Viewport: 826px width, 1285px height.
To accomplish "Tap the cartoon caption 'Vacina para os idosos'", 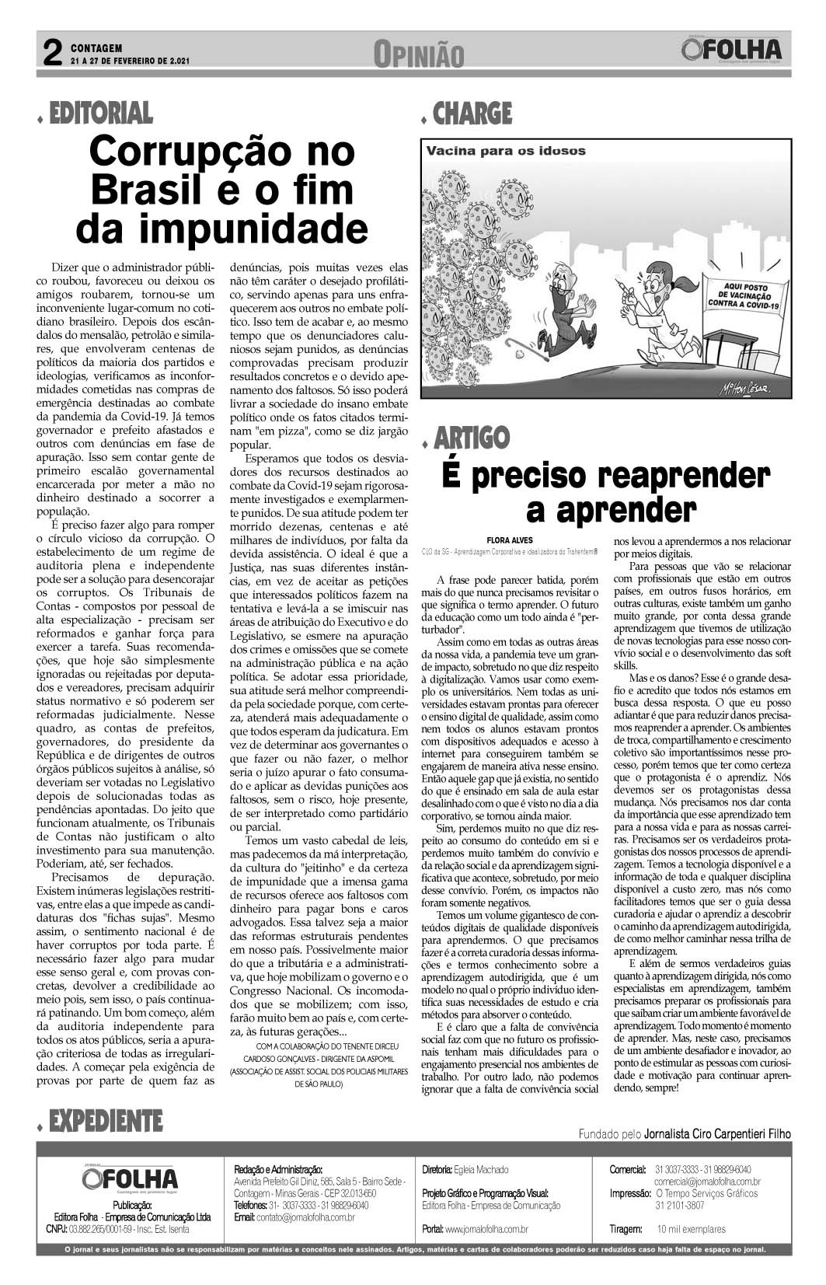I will click(x=505, y=151).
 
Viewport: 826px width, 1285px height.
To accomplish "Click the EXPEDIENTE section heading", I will click(x=105, y=1121).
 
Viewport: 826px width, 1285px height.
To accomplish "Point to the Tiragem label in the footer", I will click(x=626, y=1229).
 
